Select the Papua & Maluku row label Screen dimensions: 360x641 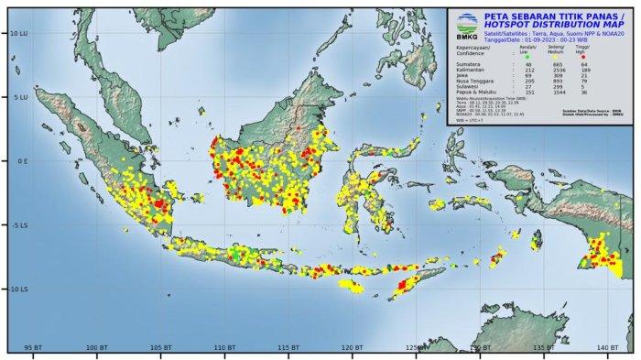(x=472, y=92)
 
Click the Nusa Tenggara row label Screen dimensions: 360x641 (x=471, y=81)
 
